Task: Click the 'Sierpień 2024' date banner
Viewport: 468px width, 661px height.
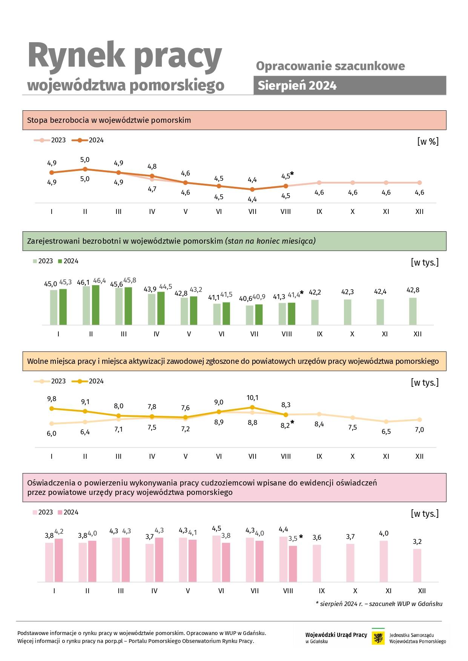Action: [350, 85]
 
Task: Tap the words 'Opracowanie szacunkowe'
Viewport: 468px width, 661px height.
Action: [330, 66]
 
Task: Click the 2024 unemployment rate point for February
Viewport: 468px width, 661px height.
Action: [85, 169]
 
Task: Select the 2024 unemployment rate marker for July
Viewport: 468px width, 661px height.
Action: [252, 189]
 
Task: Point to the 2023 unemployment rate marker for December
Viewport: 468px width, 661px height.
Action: [419, 183]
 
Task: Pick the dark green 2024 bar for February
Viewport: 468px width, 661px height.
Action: [95, 305]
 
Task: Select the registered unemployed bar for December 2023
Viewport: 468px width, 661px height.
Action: [413, 311]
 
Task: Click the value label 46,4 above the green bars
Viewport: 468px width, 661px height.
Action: [100, 281]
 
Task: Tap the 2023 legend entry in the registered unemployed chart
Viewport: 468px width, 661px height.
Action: [43, 261]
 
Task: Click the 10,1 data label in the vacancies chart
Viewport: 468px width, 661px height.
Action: [252, 398]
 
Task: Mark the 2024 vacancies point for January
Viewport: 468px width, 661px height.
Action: [52, 408]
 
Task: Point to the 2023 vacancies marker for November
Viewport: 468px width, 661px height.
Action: [386, 421]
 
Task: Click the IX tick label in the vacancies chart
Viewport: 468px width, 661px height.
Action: [319, 456]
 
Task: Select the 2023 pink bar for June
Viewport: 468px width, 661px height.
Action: [216, 559]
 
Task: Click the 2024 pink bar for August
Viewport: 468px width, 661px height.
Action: [293, 564]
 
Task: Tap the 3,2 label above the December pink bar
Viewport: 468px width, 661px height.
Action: [417, 542]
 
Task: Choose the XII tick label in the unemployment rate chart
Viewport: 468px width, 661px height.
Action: [419, 212]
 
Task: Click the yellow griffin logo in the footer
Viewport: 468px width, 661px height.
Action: [378, 638]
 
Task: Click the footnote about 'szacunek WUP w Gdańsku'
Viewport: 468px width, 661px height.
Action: [379, 604]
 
